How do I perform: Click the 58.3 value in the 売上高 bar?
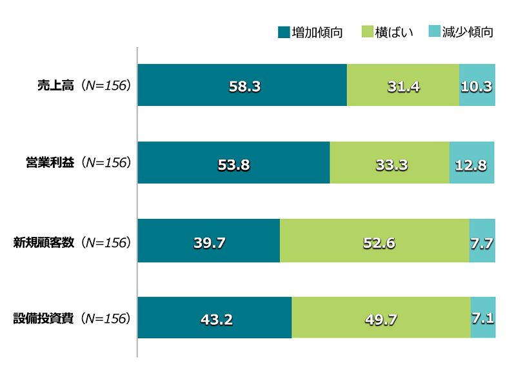point(244,86)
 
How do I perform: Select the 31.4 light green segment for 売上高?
point(403,85)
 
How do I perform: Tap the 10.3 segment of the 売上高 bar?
point(477,85)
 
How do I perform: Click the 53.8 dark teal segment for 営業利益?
point(233,165)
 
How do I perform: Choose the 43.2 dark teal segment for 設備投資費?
point(215,318)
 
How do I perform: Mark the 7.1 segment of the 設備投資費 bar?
point(483,318)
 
